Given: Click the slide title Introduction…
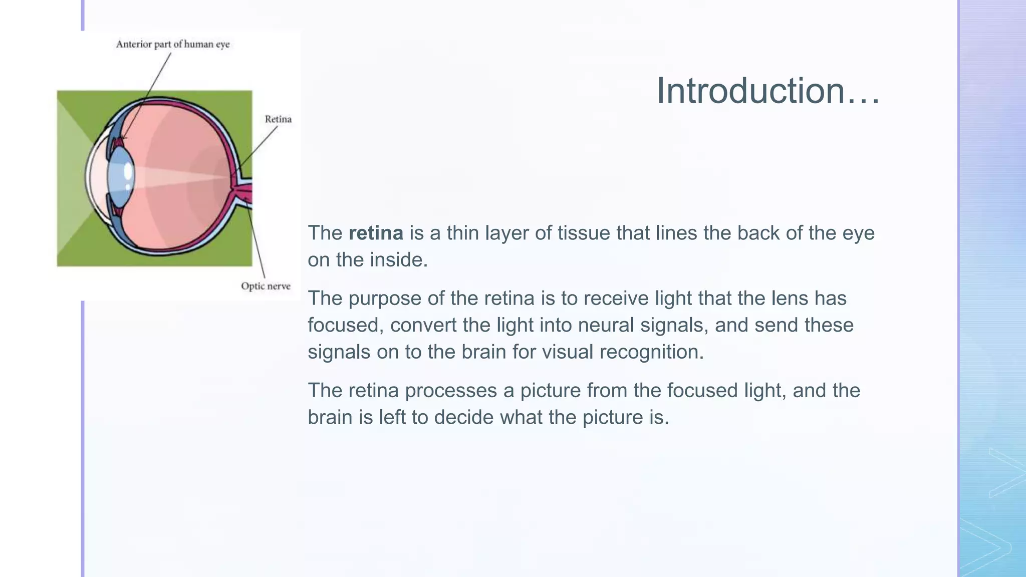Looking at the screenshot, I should click(767, 91).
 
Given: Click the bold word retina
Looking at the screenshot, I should click(376, 233).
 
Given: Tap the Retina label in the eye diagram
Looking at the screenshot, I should click(278, 119).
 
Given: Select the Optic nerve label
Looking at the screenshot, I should click(266, 286).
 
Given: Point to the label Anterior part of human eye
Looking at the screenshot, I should click(173, 45).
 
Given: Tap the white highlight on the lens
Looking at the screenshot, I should click(128, 172).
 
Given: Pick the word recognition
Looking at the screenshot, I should click(651, 352).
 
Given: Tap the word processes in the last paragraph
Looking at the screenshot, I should click(450, 391).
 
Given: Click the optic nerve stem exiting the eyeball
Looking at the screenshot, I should click(245, 193).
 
